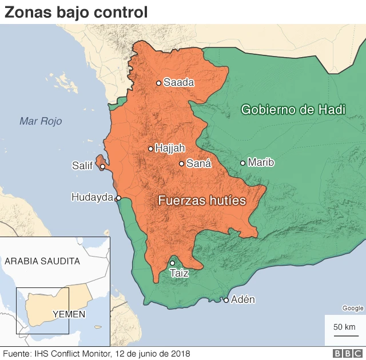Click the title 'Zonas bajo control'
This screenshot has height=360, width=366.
[76, 11]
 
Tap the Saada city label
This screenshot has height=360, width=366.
[178, 83]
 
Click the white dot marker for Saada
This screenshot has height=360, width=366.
[159, 83]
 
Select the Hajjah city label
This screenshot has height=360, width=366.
[170, 149]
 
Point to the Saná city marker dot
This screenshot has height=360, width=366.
[181, 163]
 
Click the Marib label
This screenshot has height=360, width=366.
[261, 163]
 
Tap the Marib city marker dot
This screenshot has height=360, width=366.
[242, 163]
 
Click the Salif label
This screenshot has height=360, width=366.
[82, 166]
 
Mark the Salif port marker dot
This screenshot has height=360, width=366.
[102, 167]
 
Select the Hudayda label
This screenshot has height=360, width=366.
[92, 197]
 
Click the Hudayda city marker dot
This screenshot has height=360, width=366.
[118, 198]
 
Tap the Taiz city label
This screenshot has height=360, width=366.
[179, 274]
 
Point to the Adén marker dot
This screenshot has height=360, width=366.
[226, 300]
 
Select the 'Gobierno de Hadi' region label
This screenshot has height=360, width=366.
[293, 110]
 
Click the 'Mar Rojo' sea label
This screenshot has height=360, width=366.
[40, 121]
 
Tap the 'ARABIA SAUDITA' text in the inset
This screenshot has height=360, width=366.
[42, 261]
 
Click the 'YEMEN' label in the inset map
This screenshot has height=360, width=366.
[69, 314]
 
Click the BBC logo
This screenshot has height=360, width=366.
[345, 354]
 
